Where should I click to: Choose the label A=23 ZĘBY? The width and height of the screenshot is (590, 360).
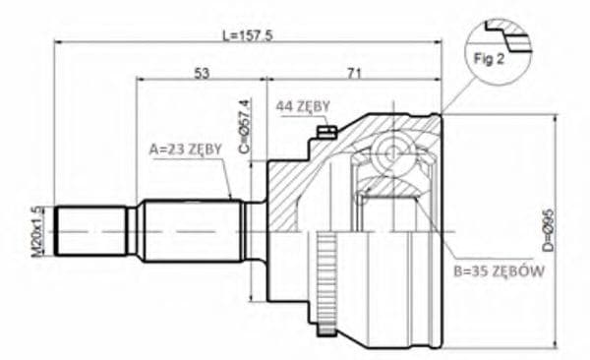click(184, 150)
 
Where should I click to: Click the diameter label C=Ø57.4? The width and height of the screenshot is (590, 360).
click(246, 127)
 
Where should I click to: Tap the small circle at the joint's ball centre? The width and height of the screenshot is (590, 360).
click(391, 152)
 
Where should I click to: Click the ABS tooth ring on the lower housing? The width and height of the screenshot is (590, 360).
click(326, 270)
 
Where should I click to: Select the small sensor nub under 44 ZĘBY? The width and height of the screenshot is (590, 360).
click(328, 132)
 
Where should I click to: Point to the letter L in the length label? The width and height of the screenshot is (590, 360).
click(227, 35)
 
